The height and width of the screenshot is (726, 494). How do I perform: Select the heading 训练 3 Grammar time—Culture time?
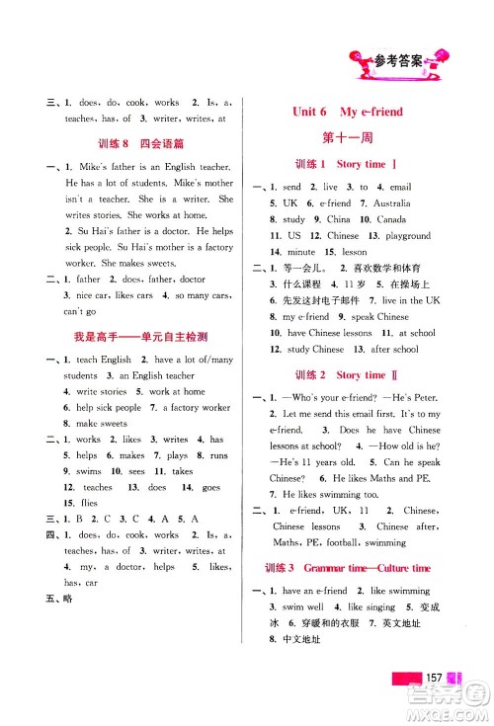pyautogui.click(x=349, y=568)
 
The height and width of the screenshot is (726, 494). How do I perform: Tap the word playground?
pyautogui.click(x=407, y=236)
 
